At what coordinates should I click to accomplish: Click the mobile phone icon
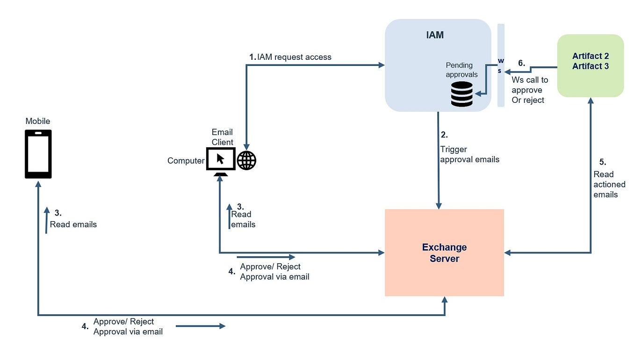(38, 154)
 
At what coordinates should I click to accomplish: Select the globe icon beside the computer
(246, 160)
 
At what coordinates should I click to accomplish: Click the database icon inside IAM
(462, 94)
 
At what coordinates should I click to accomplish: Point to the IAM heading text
(435, 35)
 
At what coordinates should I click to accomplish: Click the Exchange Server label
(444, 253)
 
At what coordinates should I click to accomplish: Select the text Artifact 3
(590, 66)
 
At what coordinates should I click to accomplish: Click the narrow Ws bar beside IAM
(500, 65)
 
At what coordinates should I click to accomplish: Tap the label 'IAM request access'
(294, 57)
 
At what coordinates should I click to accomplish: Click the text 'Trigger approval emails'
(469, 154)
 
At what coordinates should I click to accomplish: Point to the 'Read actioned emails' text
(609, 184)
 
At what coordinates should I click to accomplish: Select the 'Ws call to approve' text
(529, 85)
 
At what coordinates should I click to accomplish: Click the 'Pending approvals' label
(461, 70)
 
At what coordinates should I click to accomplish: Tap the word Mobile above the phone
(38, 121)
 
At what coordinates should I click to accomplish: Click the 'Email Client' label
(222, 137)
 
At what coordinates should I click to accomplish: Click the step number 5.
(602, 162)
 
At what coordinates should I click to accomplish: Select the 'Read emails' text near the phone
(73, 224)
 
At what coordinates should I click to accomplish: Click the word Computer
(186, 161)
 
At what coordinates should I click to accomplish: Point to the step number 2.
(444, 135)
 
